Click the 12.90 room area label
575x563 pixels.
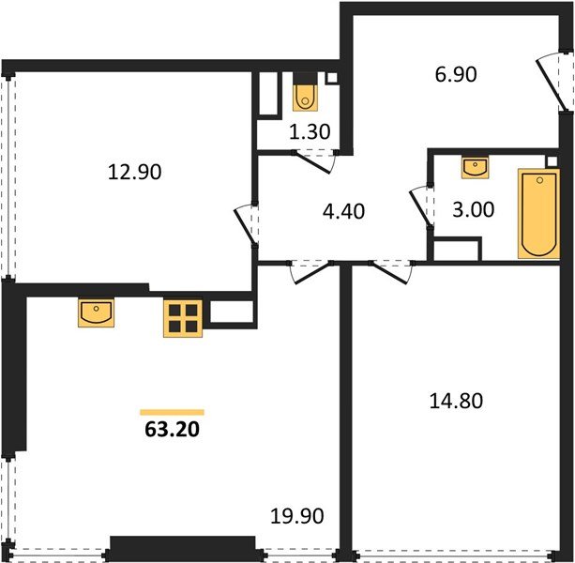tap(134, 172)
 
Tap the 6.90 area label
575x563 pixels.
tap(456, 74)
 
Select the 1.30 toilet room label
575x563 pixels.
tap(310, 131)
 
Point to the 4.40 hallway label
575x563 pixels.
tap(343, 211)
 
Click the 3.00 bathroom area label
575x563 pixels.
tap(474, 210)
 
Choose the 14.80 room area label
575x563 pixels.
tap(456, 401)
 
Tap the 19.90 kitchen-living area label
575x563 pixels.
tap(297, 516)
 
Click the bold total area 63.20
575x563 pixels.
tap(172, 429)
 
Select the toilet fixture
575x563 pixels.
tap(305, 99)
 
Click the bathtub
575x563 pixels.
tap(538, 214)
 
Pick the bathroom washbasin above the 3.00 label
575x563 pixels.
tap(476, 168)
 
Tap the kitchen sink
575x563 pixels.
tap(96, 312)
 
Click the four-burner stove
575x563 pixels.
tap(183, 318)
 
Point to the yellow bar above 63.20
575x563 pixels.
tap(172, 412)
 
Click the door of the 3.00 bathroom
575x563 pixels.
tap(421, 206)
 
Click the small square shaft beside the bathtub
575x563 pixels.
tap(552, 161)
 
